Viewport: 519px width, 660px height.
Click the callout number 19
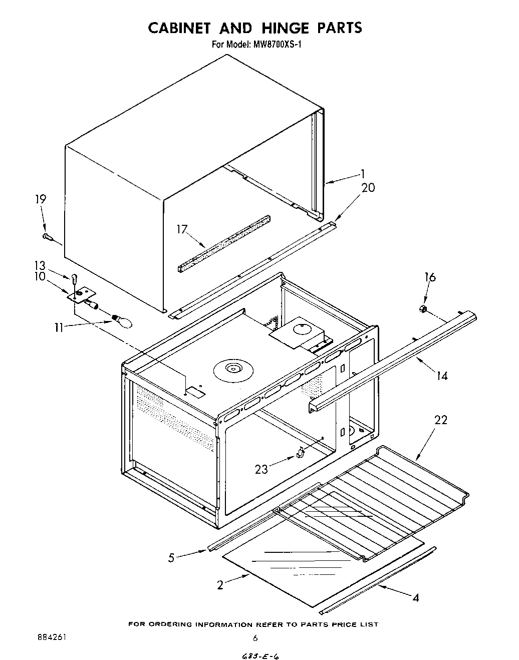[41, 199]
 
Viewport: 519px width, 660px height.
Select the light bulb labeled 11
[123, 320]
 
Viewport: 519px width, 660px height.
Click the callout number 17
[181, 230]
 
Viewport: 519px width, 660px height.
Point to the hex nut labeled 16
[423, 310]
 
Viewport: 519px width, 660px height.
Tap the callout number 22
[440, 420]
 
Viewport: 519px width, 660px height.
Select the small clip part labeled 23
[300, 453]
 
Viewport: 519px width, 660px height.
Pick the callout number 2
[220, 584]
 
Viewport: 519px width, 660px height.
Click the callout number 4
[415, 597]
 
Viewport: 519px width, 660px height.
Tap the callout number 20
[368, 187]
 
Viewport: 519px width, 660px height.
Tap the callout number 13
[40, 266]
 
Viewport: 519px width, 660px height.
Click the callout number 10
[40, 276]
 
